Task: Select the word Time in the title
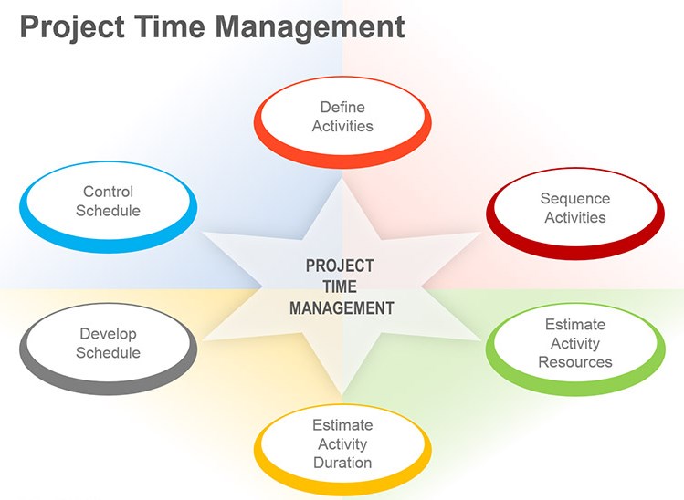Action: pyautogui.click(x=180, y=26)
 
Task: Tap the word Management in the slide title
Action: pyautogui.click(x=318, y=26)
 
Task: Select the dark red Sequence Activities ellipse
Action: pyautogui.click(x=575, y=209)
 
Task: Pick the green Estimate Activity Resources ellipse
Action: pyautogui.click(x=575, y=344)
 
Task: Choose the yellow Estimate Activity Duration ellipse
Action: pyautogui.click(x=342, y=445)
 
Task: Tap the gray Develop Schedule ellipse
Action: pyautogui.click(x=109, y=345)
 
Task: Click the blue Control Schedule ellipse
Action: pyautogui.click(x=109, y=203)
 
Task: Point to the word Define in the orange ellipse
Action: pyautogui.click(x=342, y=108)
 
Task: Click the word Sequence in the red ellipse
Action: pyautogui.click(x=575, y=198)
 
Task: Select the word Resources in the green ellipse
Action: pyautogui.click(x=575, y=362)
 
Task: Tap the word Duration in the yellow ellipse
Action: pyautogui.click(x=342, y=463)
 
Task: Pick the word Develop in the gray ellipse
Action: pyautogui.click(x=109, y=334)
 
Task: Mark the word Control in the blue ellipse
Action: pyautogui.click(x=109, y=192)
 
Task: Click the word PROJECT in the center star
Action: pyautogui.click(x=340, y=266)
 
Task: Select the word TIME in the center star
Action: pyautogui.click(x=340, y=286)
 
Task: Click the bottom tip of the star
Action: pyautogui.click(x=342, y=402)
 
